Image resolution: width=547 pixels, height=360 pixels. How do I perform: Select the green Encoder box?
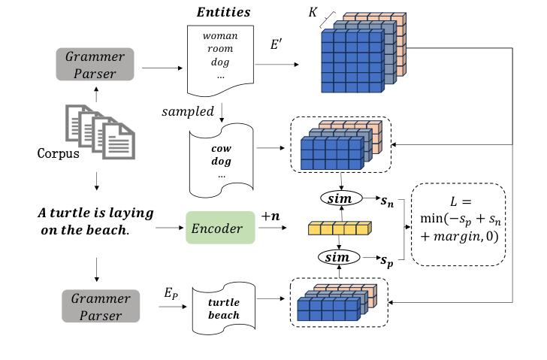point(218,228)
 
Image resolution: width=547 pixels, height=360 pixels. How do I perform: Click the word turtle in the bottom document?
point(223,301)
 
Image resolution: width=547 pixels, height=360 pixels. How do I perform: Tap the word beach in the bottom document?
point(224,315)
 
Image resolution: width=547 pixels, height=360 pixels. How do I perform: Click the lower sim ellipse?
point(341,258)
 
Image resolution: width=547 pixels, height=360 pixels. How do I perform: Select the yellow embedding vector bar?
point(340,228)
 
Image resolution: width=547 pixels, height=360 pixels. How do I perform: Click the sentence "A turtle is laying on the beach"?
point(95,221)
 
